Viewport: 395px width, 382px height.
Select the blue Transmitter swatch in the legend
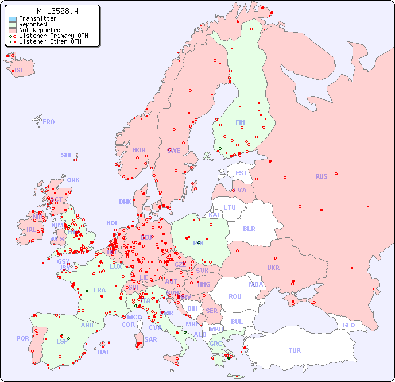(13, 19)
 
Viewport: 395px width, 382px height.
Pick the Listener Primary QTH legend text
(53, 36)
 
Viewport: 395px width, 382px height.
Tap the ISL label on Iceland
(20, 71)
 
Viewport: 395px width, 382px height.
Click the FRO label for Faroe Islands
(49, 122)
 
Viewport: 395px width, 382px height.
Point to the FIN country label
(240, 122)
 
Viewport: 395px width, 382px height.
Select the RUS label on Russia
(321, 176)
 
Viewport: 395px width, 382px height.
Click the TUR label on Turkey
(295, 350)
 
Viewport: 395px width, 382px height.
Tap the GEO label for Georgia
(348, 325)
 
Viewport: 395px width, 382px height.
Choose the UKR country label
(273, 268)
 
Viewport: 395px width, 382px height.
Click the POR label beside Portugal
(22, 338)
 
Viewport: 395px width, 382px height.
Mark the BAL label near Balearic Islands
(104, 352)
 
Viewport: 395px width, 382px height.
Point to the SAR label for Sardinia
(151, 339)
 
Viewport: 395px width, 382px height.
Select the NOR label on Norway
(139, 150)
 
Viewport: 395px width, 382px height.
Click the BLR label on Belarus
(249, 228)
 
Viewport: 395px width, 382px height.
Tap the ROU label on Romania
(235, 296)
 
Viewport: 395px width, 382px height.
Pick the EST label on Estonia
(241, 173)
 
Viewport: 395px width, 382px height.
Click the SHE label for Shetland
(67, 155)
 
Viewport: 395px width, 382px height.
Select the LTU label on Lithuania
(230, 207)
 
